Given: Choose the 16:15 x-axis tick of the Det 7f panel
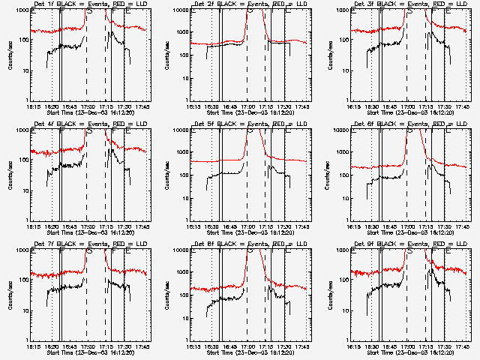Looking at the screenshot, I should click(x=32, y=346).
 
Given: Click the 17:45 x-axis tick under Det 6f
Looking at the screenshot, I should click(x=463, y=226).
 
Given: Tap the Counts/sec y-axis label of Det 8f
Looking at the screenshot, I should click(x=167, y=295).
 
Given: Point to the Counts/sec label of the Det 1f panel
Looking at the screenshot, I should click(x=7, y=55).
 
